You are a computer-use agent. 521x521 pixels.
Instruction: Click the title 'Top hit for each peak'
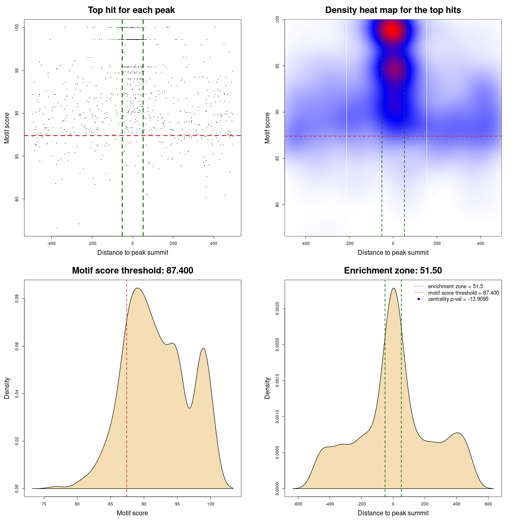(x=131, y=10)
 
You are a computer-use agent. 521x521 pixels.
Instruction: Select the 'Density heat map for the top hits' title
(x=393, y=10)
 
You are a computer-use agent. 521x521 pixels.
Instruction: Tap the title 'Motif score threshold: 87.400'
(x=132, y=271)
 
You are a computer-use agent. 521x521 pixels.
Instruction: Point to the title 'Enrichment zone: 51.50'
(x=393, y=271)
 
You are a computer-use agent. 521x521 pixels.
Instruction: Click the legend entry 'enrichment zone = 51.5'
(x=455, y=287)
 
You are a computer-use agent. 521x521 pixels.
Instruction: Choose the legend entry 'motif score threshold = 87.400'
(x=463, y=293)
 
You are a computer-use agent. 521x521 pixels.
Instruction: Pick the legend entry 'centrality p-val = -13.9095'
(x=458, y=299)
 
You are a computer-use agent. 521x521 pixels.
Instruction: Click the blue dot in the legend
(x=419, y=299)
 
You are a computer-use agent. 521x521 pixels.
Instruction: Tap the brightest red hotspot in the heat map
(x=392, y=30)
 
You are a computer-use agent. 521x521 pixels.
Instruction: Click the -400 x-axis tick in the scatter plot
(x=51, y=244)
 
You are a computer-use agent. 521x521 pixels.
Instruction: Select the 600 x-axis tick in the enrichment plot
(x=488, y=504)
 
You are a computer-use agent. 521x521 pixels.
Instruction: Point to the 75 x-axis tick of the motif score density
(x=44, y=504)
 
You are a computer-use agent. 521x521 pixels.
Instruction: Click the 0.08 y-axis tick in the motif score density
(x=17, y=299)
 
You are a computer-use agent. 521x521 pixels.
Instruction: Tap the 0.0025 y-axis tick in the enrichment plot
(x=278, y=309)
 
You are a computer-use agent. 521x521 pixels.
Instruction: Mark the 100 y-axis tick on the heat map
(x=277, y=19)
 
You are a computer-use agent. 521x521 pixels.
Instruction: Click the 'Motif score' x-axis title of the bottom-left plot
(x=132, y=513)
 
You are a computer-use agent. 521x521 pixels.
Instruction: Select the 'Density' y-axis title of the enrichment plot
(x=267, y=388)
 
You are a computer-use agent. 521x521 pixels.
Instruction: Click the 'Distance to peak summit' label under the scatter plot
(x=133, y=252)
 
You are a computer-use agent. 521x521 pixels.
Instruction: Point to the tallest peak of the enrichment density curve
(x=393, y=288)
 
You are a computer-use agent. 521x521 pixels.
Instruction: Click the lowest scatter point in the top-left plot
(x=57, y=228)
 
